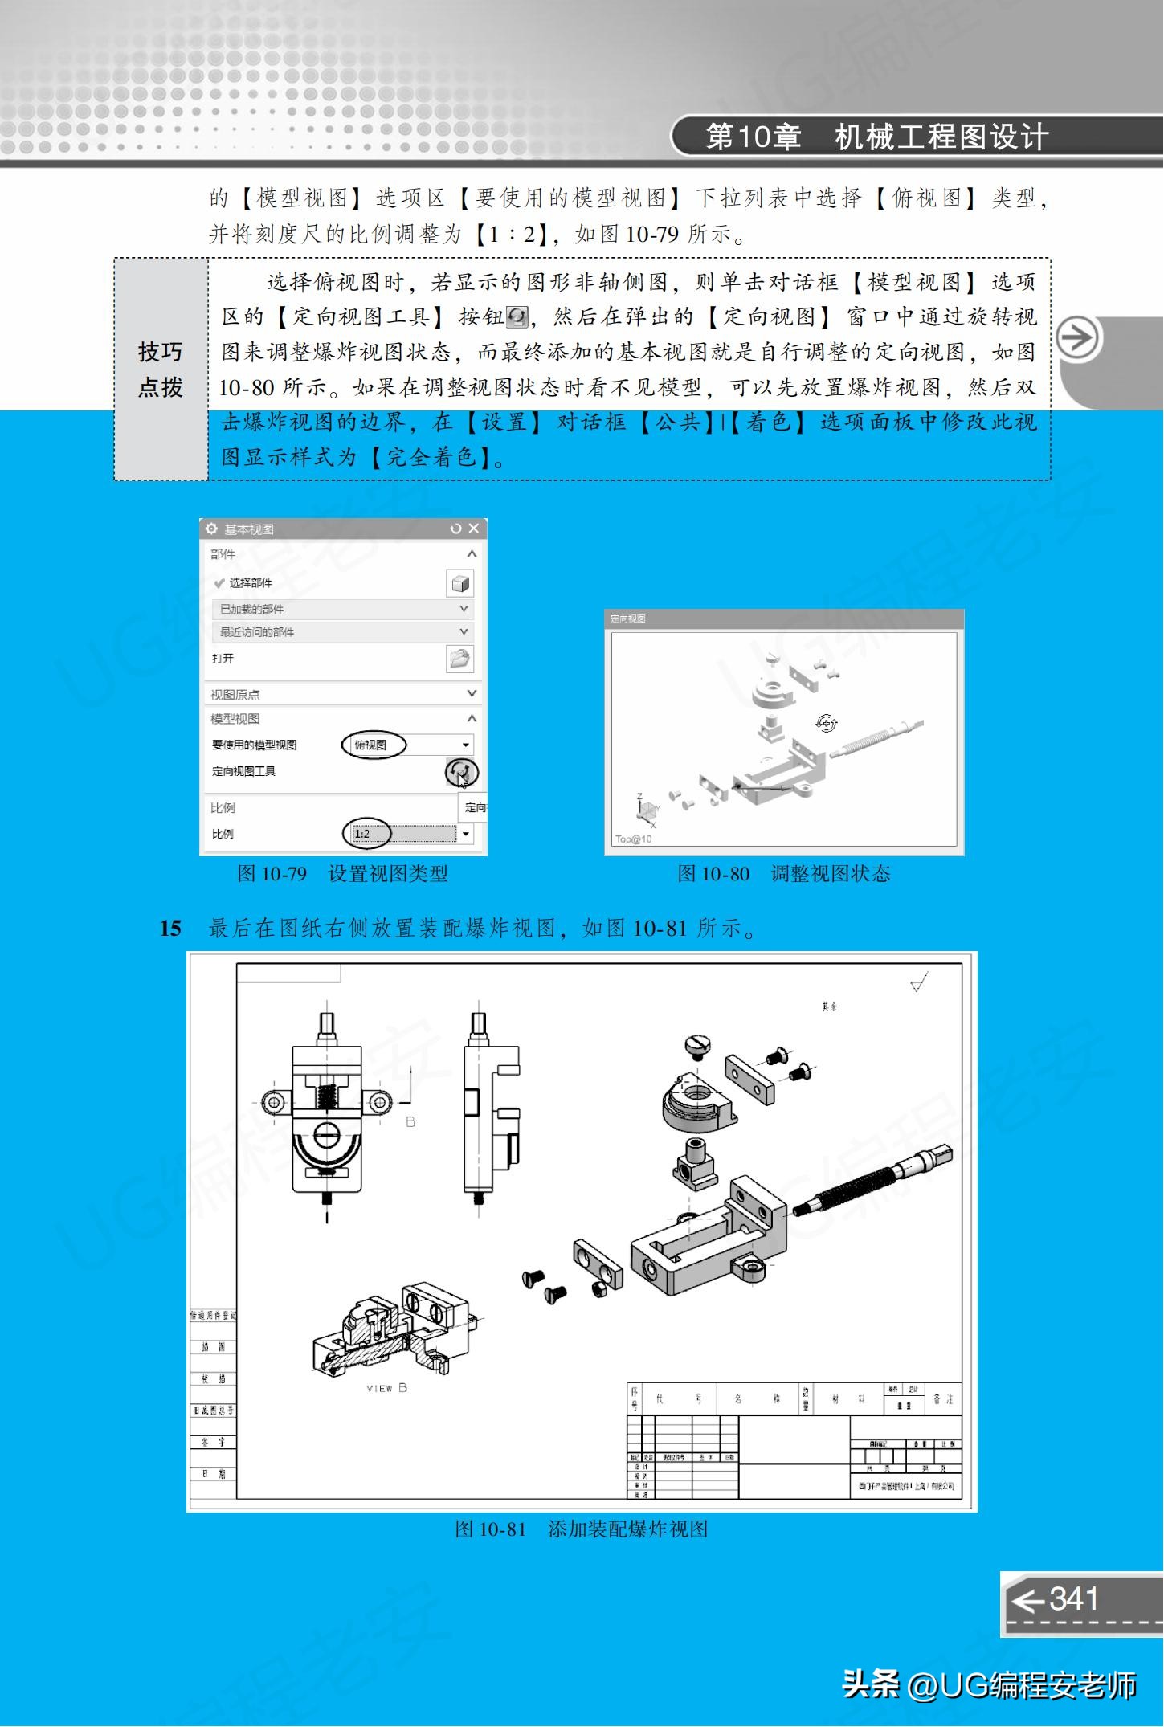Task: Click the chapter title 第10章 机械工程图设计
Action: pos(876,137)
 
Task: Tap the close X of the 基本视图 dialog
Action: pos(474,528)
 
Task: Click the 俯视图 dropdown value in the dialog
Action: pos(372,745)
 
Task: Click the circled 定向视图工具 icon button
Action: pos(461,772)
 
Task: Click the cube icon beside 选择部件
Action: pos(459,583)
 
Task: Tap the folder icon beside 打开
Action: pos(459,659)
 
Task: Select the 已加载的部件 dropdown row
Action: pos(341,609)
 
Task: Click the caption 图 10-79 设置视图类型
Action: pos(342,874)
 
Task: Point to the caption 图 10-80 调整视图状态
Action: pos(783,874)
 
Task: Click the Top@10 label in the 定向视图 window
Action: pos(634,839)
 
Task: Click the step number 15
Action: pos(170,929)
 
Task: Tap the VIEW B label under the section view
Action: pos(387,1388)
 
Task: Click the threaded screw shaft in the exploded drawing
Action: pos(868,1185)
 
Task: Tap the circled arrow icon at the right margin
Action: pos(1077,339)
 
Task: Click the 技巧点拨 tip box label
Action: pos(161,369)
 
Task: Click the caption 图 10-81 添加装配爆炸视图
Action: pos(582,1529)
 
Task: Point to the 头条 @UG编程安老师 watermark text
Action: pos(989,1684)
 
